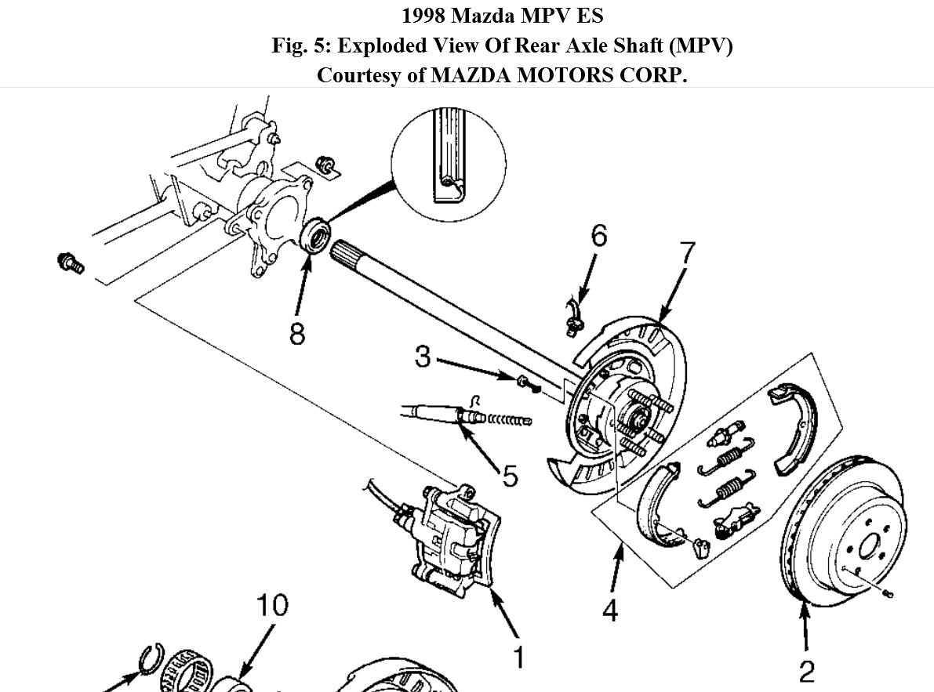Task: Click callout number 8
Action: point(296,332)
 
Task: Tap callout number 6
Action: point(598,235)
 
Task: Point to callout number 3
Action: point(423,357)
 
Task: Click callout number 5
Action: point(510,474)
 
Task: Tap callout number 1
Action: point(518,657)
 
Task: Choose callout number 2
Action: point(806,671)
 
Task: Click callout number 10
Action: point(271,604)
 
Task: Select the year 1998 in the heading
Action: point(425,16)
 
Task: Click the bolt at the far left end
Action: point(71,263)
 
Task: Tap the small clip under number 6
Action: point(572,315)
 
